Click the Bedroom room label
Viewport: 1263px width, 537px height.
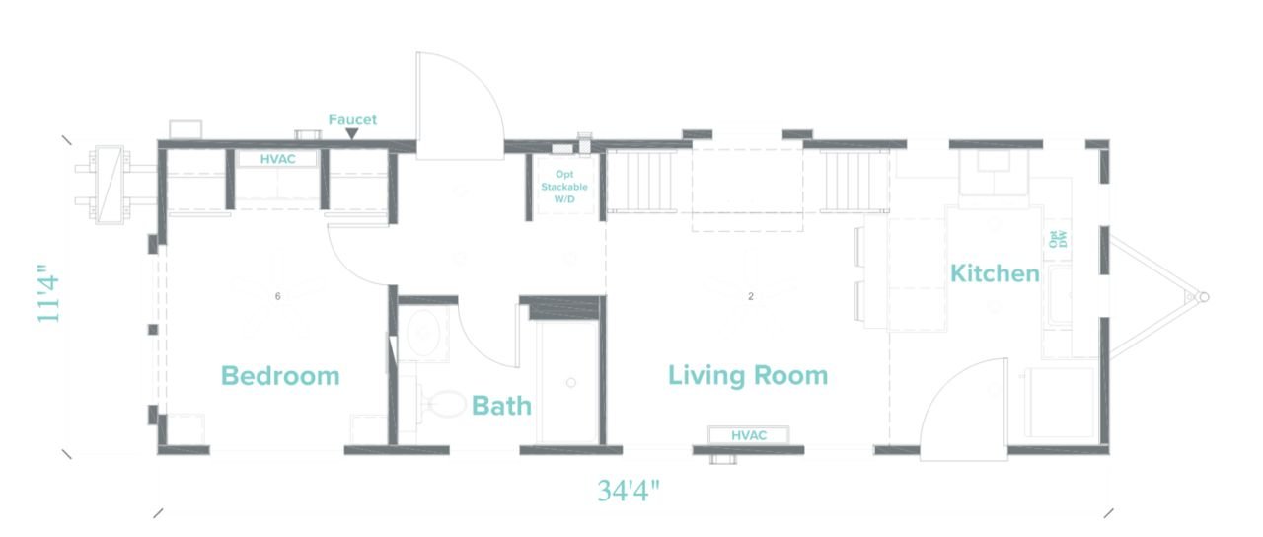pyautogui.click(x=280, y=376)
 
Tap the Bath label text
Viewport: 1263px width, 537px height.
pyautogui.click(x=501, y=406)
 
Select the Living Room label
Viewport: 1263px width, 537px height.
pyautogui.click(x=748, y=376)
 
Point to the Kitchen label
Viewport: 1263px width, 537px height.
pyautogui.click(x=995, y=273)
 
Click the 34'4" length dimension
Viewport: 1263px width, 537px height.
pyautogui.click(x=628, y=491)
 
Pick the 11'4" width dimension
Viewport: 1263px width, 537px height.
pyautogui.click(x=48, y=293)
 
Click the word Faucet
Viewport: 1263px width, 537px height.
pyautogui.click(x=352, y=119)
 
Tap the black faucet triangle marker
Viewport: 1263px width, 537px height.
pyautogui.click(x=352, y=133)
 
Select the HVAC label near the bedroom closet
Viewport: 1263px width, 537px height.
pyautogui.click(x=277, y=159)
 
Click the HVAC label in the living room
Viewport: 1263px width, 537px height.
pyautogui.click(x=749, y=435)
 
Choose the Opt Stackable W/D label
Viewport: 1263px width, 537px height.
pyautogui.click(x=564, y=187)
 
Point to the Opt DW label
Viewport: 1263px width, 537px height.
pyautogui.click(x=1058, y=239)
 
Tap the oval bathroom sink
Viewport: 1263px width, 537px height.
pyautogui.click(x=422, y=333)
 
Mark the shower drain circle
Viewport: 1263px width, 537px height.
pyautogui.click(x=571, y=382)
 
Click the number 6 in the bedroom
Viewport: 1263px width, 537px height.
pyautogui.click(x=277, y=297)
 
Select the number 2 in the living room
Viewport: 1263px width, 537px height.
pyautogui.click(x=751, y=297)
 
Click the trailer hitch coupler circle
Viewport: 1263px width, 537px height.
pyautogui.click(x=1203, y=297)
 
